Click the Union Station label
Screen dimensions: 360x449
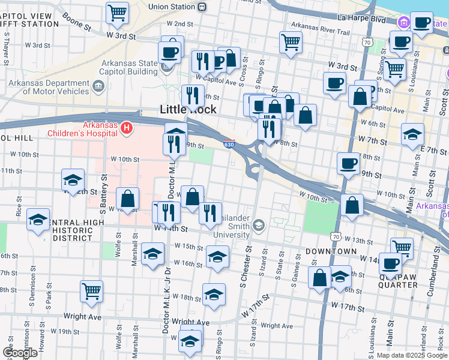172,7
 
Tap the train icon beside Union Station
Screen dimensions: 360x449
203,7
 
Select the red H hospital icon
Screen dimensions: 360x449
126,127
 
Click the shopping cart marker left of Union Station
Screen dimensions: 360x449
118,12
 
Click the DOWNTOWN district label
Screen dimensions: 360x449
327,251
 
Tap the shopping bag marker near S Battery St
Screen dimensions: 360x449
128,199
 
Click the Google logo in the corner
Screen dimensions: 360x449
20,353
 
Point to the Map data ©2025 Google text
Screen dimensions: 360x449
411,355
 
